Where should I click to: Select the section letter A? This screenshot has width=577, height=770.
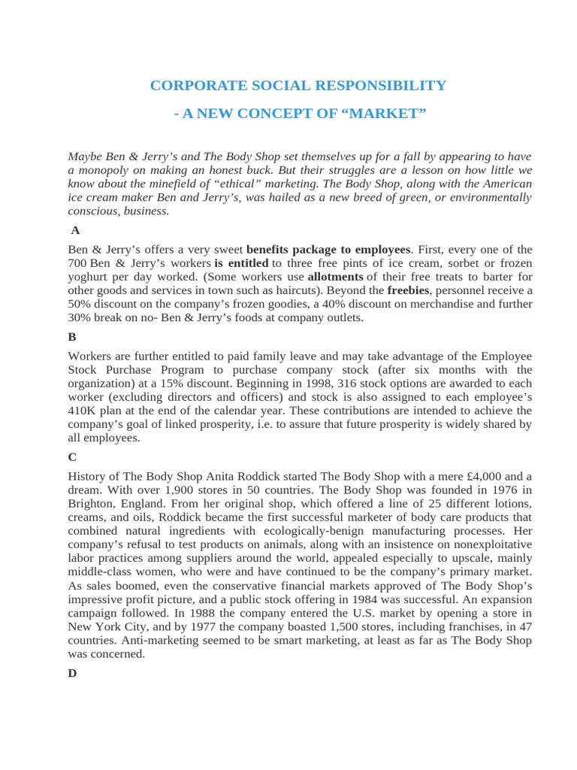(75, 231)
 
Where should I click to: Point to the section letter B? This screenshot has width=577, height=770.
(72, 337)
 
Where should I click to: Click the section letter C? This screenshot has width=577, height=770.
(72, 456)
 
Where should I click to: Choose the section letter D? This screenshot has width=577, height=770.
(72, 673)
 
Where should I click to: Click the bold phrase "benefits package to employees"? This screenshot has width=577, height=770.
(328, 250)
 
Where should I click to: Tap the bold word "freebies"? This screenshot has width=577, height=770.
(408, 290)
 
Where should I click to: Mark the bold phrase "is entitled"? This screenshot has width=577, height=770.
(241, 263)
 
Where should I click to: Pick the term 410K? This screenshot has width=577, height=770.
(83, 411)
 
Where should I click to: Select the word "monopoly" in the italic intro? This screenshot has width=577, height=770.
(104, 170)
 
